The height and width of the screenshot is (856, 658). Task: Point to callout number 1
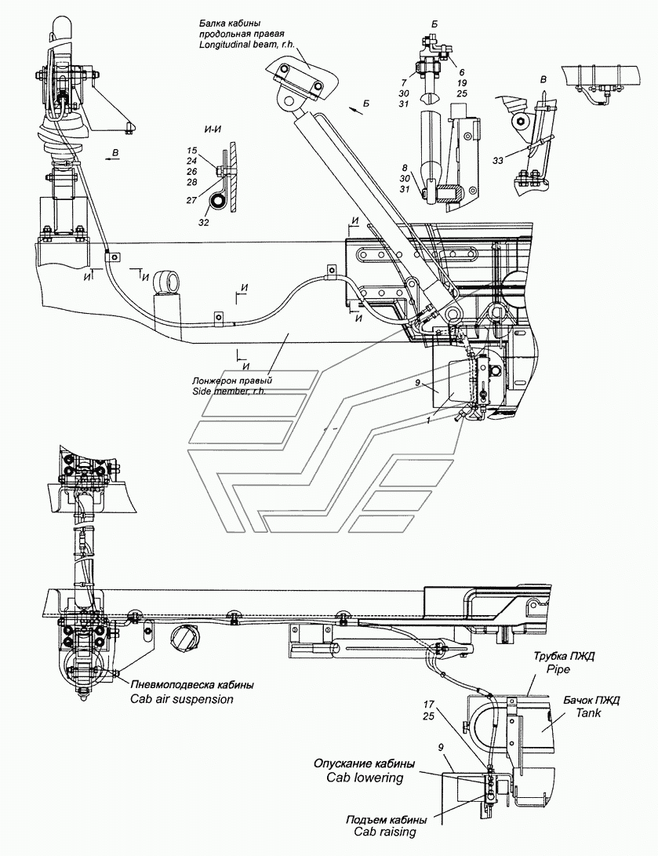tap(427, 421)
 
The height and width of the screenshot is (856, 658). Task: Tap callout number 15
tap(192, 150)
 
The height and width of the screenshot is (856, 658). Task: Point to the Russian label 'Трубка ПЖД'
tap(558, 659)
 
